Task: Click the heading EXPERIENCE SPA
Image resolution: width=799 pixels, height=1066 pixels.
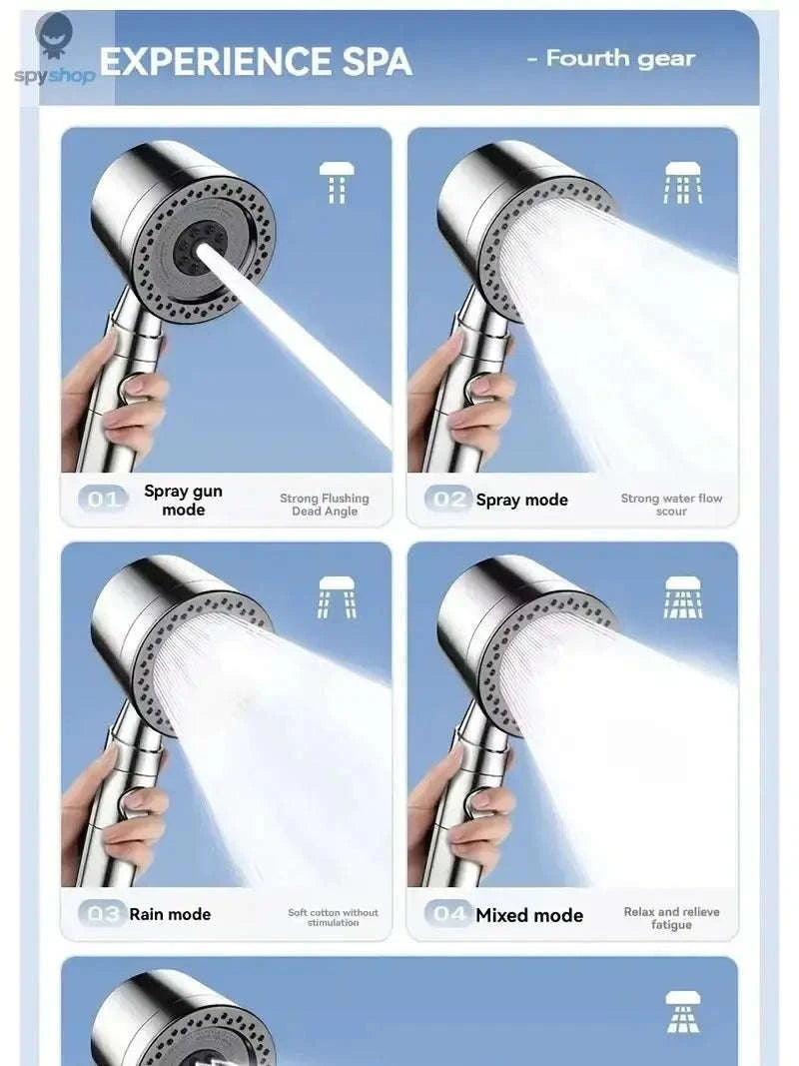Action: [256, 62]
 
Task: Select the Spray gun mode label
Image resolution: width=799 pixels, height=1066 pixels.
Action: [183, 501]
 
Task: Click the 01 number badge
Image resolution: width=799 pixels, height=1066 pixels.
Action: [103, 500]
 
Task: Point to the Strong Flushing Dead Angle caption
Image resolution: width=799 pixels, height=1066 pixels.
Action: [324, 505]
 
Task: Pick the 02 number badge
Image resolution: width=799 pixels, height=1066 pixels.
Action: [447, 500]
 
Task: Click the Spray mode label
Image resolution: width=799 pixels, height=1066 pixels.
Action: [521, 501]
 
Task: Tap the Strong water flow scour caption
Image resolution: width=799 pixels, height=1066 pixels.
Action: [671, 505]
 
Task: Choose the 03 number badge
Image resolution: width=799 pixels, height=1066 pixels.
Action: [103, 914]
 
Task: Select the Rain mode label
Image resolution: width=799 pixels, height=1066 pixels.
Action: [170, 914]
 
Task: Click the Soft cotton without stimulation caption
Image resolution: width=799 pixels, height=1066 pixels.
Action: [333, 917]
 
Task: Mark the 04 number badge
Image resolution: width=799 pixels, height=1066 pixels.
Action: [448, 914]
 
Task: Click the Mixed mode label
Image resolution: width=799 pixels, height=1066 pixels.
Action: [529, 915]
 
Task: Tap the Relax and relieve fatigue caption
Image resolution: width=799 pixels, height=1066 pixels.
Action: [671, 918]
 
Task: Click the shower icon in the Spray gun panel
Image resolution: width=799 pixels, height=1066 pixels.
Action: [337, 183]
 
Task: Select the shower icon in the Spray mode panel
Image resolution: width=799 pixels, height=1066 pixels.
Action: [683, 183]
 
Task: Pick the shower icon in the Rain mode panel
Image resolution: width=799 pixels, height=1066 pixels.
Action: [337, 596]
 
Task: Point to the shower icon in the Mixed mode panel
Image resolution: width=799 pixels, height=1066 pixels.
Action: [683, 596]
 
